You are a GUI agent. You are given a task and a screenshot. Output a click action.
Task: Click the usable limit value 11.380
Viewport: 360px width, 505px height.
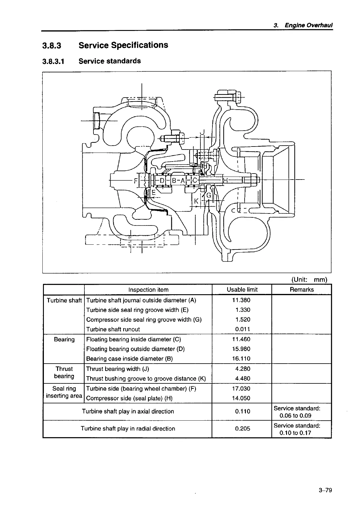[243, 300]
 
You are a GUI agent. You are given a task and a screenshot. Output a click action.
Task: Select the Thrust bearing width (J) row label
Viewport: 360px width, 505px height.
[117, 369]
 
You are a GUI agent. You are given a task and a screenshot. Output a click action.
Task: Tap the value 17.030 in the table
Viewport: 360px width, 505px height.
[243, 389]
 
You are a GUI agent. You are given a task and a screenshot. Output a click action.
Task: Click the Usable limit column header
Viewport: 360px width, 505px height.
[242, 289]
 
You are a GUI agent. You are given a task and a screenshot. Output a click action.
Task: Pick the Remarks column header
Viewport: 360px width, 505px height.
[301, 289]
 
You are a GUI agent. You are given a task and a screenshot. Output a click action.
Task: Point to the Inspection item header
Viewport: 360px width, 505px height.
[148, 290]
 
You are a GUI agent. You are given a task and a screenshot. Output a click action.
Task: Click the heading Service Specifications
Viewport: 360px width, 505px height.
[123, 45]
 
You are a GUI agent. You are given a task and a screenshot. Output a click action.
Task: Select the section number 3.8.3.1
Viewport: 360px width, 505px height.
[53, 61]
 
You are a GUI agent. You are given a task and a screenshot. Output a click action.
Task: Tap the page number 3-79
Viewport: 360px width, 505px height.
[325, 490]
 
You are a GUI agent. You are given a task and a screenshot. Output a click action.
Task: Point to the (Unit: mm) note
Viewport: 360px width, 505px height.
[309, 280]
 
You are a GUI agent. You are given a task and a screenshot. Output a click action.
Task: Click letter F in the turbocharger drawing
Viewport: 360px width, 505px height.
[136, 181]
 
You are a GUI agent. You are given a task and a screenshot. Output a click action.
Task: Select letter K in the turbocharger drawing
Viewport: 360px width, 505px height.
[196, 201]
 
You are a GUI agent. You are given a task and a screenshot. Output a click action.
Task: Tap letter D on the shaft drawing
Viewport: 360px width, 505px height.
[162, 181]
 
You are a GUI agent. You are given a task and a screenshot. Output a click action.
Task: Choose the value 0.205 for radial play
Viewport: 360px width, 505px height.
[243, 428]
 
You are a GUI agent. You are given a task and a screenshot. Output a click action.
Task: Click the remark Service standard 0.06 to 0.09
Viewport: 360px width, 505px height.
[297, 412]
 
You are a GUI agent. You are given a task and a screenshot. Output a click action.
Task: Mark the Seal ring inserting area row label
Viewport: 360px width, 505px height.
[64, 392]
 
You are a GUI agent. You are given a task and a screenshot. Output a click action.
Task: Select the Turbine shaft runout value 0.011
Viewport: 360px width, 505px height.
[243, 329]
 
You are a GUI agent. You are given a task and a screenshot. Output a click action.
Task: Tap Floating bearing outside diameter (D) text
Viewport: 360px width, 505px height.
[135, 349]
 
